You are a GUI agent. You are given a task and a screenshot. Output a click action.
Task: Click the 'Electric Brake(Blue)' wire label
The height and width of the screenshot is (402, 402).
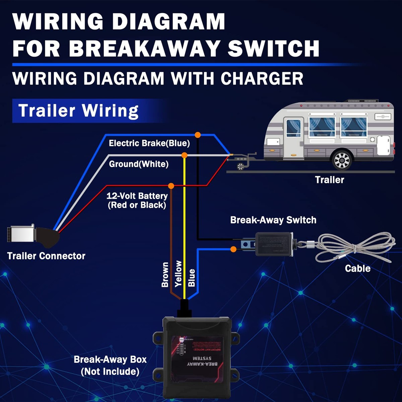149,143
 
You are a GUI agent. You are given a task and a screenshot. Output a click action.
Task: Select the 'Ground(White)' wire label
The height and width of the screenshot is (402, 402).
139,164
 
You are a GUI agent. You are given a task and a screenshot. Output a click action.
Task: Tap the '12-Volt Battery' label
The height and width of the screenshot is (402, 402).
137,196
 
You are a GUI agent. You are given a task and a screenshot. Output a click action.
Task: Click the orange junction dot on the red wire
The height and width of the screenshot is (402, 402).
171,186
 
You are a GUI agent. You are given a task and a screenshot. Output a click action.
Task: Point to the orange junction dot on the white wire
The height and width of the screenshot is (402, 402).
184,155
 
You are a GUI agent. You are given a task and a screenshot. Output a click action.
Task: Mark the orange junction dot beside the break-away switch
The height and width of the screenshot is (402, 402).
233,249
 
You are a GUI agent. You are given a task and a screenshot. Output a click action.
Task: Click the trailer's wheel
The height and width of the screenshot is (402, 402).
342,160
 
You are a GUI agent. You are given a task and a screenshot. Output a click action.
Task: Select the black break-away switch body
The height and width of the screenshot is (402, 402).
273,244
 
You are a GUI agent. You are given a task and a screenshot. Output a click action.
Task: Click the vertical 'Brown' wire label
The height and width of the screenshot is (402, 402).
165,275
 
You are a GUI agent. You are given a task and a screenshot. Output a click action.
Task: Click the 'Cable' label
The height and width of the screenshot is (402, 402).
357,268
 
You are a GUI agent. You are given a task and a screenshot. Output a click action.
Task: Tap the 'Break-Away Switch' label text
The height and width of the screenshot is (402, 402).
273,220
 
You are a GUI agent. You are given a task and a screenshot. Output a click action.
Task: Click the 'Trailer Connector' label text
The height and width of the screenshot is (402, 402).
46,256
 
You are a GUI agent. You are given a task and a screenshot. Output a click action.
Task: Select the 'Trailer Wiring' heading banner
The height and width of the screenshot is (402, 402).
78,111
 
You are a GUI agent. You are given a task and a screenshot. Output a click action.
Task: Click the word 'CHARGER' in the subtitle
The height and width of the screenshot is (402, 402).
262,79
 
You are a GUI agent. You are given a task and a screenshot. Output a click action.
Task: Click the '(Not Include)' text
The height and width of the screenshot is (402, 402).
110,372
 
